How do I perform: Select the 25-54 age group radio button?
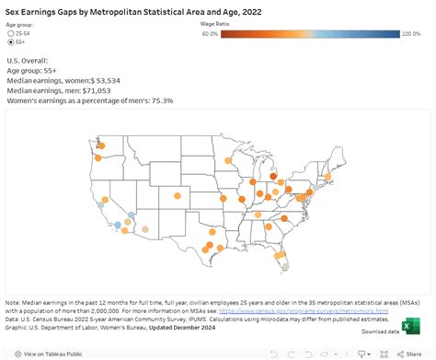10,33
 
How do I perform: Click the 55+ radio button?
10,42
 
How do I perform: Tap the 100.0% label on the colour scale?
410,34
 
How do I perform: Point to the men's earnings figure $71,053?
114,90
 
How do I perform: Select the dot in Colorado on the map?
175,194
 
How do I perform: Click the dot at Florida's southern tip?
285,266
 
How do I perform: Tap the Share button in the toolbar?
419,353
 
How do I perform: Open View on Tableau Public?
48,353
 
